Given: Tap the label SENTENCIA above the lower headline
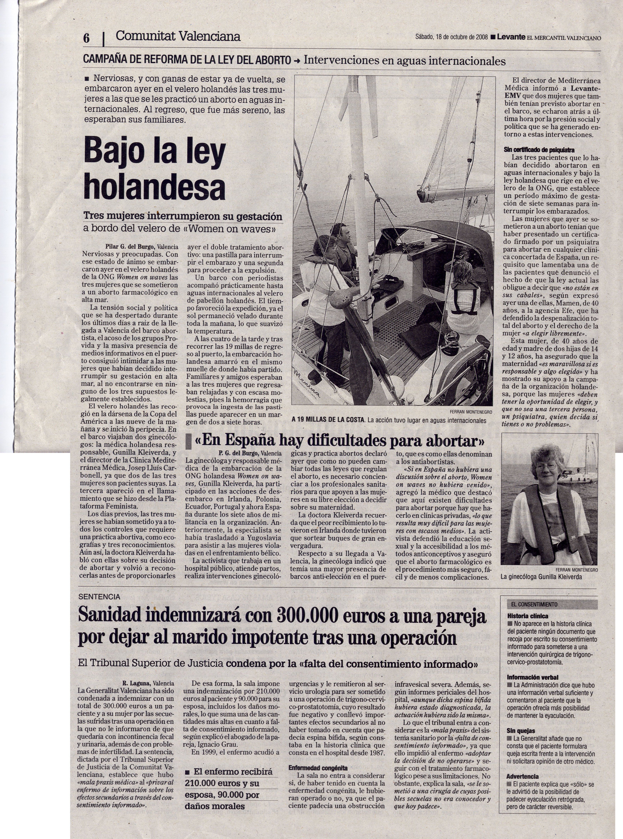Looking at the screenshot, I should pyautogui.click(x=99, y=597).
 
